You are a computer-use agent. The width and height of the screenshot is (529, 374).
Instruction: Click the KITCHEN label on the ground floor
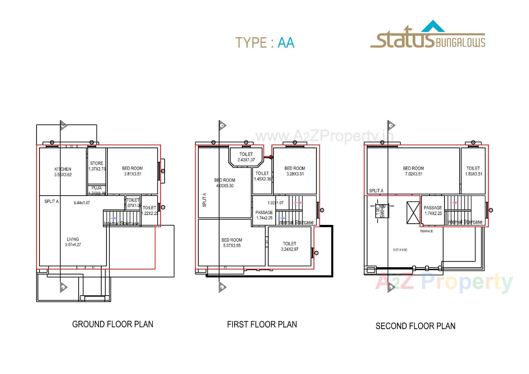coord(63,172)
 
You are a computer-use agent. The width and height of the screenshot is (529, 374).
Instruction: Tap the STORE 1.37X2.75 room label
coord(97,166)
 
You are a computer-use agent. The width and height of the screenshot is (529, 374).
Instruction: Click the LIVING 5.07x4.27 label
coord(73,242)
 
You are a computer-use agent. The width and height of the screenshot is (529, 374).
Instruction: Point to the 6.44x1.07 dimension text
coord(82,203)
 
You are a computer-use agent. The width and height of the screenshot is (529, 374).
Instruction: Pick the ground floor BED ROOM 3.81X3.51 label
coord(132,171)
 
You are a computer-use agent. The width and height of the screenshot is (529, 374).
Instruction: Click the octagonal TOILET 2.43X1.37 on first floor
coord(246,157)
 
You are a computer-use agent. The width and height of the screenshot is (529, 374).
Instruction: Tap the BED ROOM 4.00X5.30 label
coord(225,183)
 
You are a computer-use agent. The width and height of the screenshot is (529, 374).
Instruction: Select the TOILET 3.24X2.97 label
coord(290,246)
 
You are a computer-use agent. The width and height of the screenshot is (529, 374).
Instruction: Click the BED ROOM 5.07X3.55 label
coord(232,243)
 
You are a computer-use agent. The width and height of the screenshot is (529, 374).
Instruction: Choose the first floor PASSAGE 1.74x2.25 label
coord(264,215)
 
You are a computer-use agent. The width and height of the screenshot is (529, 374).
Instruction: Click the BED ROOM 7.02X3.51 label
coord(413,171)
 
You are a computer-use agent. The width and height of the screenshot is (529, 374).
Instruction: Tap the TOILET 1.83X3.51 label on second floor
coord(473,171)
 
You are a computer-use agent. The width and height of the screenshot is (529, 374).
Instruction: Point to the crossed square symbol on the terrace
coord(413,212)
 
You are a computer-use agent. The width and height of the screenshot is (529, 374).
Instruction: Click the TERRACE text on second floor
coord(426,231)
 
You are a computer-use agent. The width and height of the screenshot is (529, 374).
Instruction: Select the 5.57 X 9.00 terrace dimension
coord(400,250)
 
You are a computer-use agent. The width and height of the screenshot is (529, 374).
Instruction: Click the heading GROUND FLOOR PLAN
coord(112,324)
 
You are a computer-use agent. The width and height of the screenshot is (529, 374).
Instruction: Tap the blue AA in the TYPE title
coord(286,43)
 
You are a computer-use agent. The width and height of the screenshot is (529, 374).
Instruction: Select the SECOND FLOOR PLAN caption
coord(415,326)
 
